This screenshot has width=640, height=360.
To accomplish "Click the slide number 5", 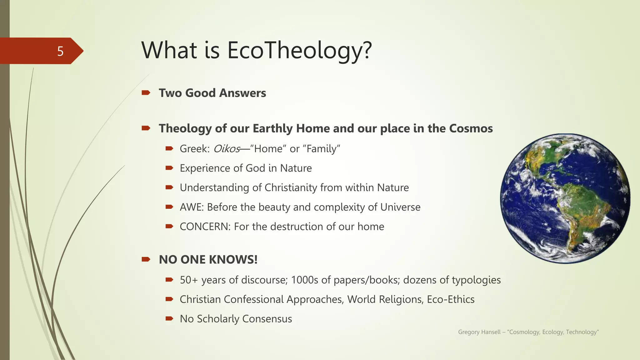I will pos(60,51).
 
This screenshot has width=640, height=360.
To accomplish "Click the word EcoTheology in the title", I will pos(299,51).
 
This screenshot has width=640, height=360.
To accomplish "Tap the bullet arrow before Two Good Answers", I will pos(146,92).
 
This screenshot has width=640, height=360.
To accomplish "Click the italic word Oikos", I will pos(227,149).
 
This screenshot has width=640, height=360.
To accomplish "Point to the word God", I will pos(255,168).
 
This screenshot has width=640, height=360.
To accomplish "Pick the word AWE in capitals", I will pos(191,207).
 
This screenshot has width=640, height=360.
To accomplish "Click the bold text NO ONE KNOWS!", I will pos(208,259).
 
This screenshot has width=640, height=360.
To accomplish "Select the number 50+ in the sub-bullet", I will pos(189,280).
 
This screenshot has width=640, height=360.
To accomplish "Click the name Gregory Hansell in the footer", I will pos(479,332).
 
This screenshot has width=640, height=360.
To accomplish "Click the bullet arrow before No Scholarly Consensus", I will pos(169,318).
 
